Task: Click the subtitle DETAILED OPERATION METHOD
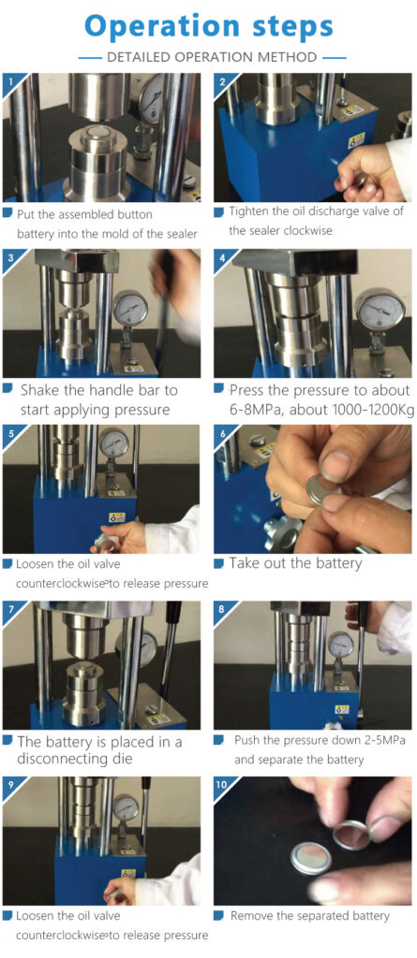(211, 57)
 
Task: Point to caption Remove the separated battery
(309, 915)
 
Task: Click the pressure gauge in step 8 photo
(340, 645)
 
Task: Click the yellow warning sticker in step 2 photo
(356, 140)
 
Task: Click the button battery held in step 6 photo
(323, 486)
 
